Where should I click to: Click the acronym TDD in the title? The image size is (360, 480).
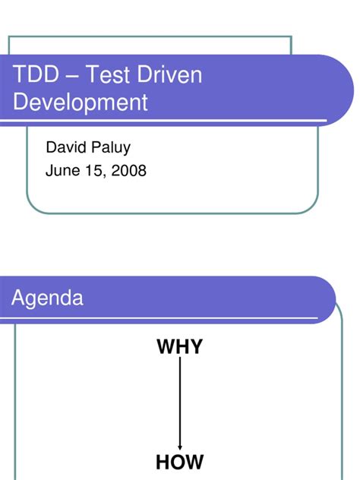coord(34,76)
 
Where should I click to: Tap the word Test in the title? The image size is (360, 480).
coord(106,76)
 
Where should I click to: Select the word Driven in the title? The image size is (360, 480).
coord(176,76)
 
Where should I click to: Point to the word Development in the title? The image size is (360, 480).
coord(80,103)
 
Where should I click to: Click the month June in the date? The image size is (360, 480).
coord(62,171)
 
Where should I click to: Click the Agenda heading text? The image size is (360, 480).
coord(47,298)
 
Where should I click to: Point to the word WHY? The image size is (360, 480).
coord(179,348)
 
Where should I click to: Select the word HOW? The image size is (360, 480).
coord(180,462)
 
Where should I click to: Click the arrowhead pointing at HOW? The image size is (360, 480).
coord(180,447)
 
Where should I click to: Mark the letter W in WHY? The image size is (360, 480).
coord(166,348)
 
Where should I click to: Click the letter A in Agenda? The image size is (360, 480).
coord(17,298)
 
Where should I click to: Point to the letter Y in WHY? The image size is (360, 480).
coord(195,348)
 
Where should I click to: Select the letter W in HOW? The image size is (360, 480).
coord(194,462)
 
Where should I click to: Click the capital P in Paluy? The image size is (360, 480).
coord(94,147)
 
